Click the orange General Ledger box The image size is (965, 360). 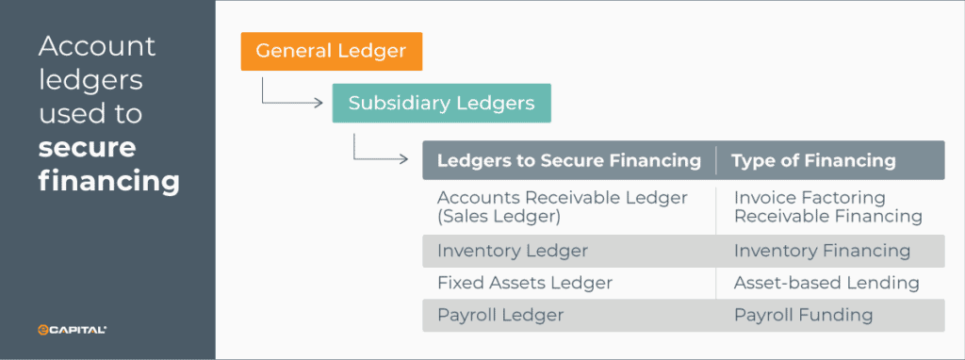(x=331, y=51)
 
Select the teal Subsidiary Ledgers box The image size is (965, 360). (x=441, y=103)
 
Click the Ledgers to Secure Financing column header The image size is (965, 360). (x=568, y=160)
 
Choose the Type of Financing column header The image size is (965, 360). (x=813, y=160)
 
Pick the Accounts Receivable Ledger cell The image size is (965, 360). (x=562, y=198)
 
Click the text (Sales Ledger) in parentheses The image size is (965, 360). (x=499, y=217)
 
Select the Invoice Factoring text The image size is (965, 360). (x=810, y=198)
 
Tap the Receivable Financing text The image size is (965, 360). (x=827, y=217)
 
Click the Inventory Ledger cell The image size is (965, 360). (x=512, y=251)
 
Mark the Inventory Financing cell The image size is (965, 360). (x=822, y=251)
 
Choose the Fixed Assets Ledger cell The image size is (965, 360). (x=524, y=283)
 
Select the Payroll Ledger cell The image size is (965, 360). (x=499, y=315)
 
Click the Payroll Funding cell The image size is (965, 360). (x=803, y=315)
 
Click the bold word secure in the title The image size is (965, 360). (x=88, y=148)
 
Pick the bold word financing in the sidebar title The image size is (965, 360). (x=109, y=180)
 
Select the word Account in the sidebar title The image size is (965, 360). (x=97, y=46)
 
